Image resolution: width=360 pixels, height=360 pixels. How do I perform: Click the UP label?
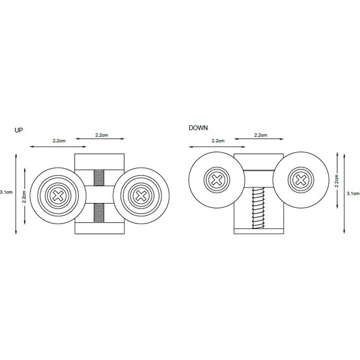(19, 130)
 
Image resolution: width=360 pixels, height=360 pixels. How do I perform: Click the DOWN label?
(198, 128)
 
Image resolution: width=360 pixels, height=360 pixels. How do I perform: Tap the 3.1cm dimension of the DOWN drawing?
(353, 194)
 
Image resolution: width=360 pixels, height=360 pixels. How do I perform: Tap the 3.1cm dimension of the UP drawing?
(6, 192)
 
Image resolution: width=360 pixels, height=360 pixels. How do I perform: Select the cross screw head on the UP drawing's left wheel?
(58, 196)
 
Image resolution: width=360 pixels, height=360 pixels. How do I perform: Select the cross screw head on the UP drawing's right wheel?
(141, 196)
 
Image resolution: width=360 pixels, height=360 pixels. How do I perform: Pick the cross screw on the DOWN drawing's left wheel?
(217, 180)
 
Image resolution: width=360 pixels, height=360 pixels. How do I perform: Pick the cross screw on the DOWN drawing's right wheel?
(301, 180)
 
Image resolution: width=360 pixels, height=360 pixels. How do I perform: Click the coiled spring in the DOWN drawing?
(257, 208)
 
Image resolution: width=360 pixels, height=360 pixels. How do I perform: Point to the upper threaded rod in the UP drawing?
(99, 178)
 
